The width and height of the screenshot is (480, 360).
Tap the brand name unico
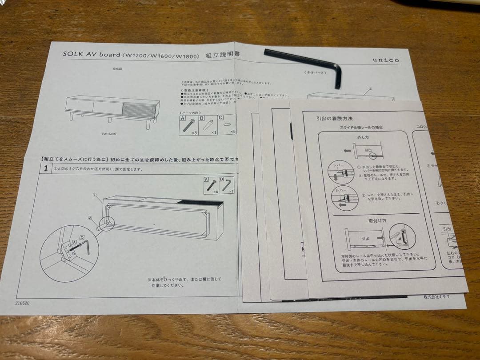(385, 60)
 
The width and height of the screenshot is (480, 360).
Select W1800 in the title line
(184, 56)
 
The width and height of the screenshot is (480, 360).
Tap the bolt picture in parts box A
(188, 126)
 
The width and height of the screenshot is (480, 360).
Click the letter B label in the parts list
(201, 118)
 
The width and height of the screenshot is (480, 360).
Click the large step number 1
(45, 169)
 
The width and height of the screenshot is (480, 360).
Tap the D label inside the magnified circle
(82, 237)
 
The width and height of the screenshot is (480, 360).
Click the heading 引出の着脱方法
(334, 119)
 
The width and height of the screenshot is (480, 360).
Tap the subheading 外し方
(363, 137)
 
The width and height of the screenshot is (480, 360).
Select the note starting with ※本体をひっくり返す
(184, 282)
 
